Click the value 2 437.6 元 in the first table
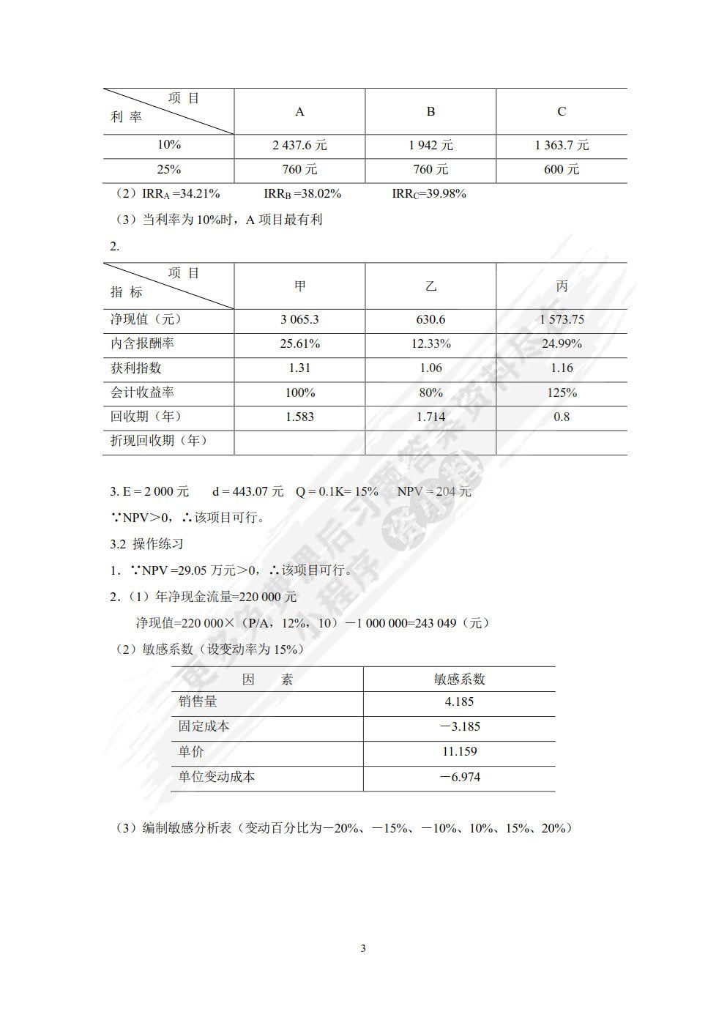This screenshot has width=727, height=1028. [299, 145]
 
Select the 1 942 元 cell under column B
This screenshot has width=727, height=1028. [430, 145]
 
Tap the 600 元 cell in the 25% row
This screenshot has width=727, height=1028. [562, 169]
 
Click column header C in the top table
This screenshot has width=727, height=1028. [562, 111]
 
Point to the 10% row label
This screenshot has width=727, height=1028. [168, 145]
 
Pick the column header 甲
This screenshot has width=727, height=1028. [299, 286]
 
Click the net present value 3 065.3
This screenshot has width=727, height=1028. [299, 319]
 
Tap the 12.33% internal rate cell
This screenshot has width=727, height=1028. [430, 343]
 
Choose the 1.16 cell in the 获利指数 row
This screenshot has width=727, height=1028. [562, 368]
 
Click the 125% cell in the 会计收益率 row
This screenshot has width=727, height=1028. [562, 392]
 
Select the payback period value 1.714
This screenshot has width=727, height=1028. [430, 417]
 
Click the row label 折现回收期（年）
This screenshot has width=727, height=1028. [159, 440]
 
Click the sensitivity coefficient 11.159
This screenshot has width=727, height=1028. [459, 751]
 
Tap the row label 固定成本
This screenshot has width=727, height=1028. [204, 726]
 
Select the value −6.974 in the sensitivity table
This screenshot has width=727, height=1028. [459, 777]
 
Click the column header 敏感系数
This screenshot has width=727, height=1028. [459, 679]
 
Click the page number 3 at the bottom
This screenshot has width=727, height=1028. [363, 948]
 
